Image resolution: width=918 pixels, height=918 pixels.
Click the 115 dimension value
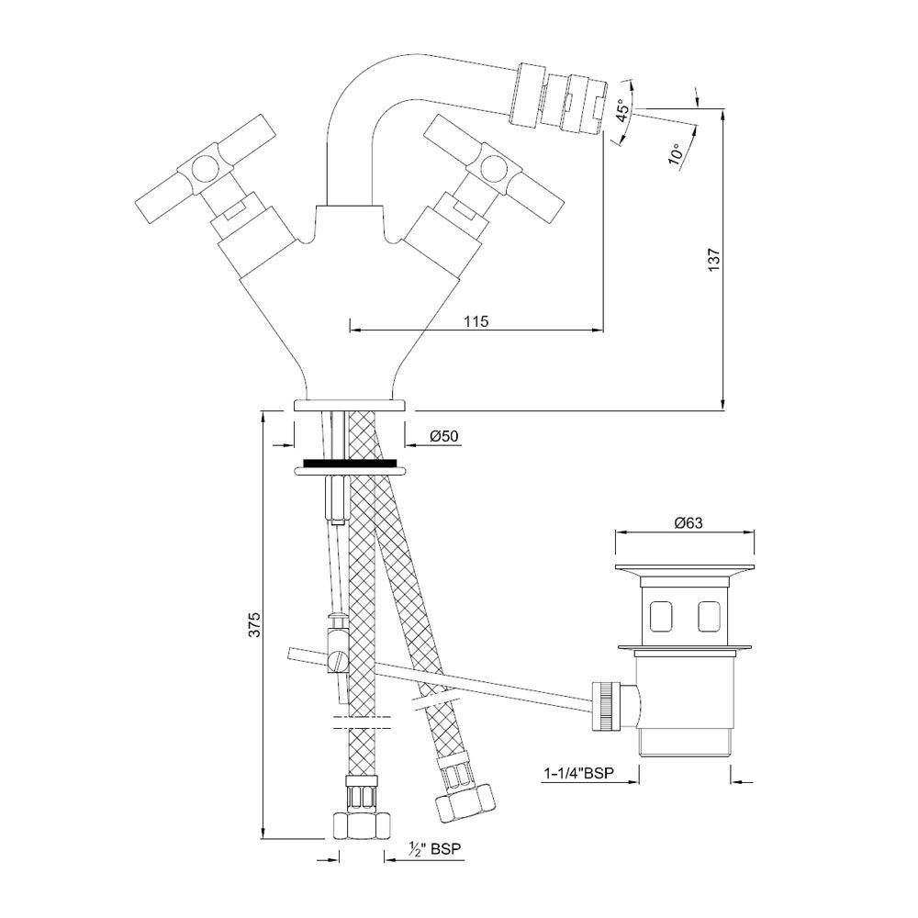click(475, 320)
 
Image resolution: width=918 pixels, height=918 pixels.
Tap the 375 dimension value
click(256, 624)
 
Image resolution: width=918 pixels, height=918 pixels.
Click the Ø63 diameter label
click(688, 523)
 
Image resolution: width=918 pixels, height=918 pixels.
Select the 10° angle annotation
click(677, 152)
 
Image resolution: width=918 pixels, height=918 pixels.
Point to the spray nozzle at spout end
click(563, 98)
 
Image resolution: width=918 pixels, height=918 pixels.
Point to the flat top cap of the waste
click(688, 566)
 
